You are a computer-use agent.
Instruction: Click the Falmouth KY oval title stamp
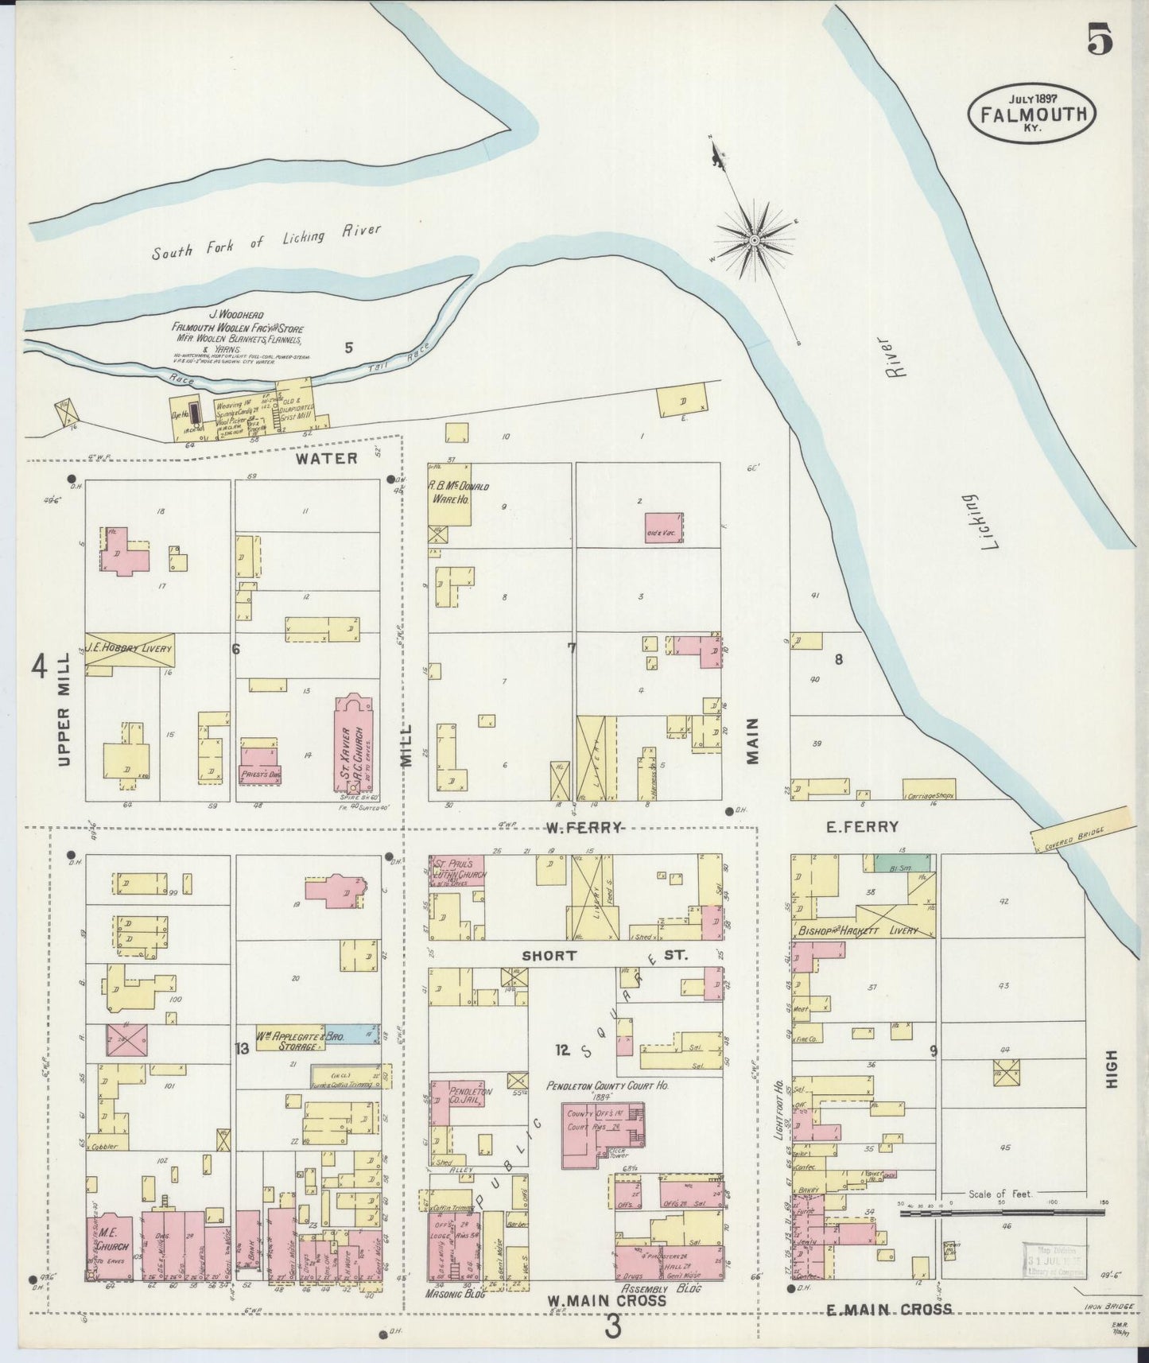point(1032,113)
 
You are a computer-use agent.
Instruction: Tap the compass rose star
point(754,239)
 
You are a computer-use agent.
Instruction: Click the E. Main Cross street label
point(888,1308)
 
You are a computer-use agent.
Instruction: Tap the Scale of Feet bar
point(1003,1213)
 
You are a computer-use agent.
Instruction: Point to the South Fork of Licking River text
point(266,241)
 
